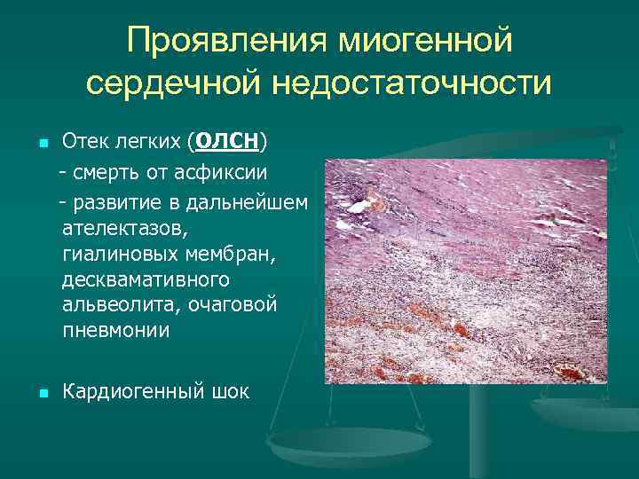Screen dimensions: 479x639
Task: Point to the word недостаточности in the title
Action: point(412,83)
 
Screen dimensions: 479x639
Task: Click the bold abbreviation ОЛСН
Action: point(226,142)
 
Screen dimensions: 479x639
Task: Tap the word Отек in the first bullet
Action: point(83,142)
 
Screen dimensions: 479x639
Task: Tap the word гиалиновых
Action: point(116,255)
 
